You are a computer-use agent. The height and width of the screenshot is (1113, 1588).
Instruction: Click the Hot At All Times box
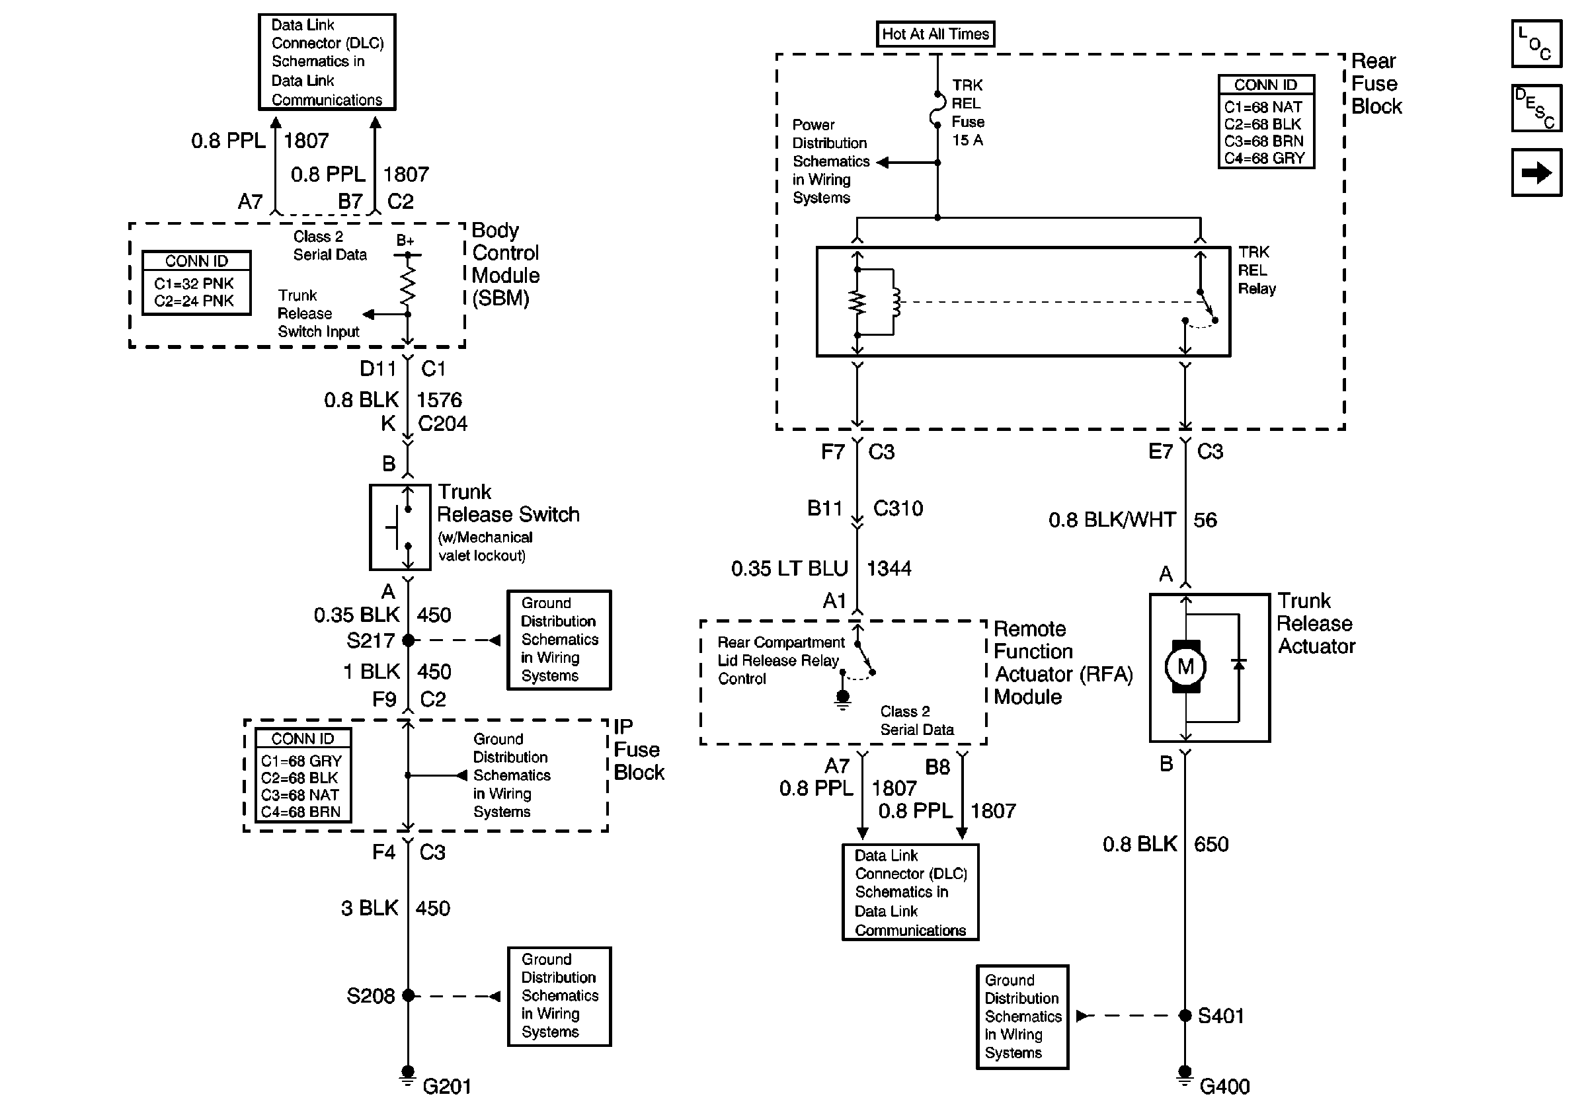[x=935, y=34]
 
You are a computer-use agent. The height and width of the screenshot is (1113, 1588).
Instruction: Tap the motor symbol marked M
[x=1185, y=666]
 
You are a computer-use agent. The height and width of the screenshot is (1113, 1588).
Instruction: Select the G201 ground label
[x=447, y=1087]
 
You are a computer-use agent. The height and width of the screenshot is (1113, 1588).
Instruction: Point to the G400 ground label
[x=1224, y=1087]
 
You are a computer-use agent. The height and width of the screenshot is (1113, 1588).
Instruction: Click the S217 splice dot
[x=408, y=640]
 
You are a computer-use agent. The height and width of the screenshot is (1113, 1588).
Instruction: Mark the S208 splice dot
[x=408, y=995]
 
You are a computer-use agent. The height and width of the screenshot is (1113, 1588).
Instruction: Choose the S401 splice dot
[x=1185, y=1016]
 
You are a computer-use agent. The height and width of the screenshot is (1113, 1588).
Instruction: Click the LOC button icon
[x=1536, y=44]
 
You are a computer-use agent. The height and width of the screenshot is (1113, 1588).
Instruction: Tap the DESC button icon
[x=1536, y=108]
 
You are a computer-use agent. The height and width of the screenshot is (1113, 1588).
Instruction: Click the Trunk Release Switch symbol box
[x=400, y=527]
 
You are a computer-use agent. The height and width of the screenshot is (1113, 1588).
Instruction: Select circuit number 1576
[x=439, y=400]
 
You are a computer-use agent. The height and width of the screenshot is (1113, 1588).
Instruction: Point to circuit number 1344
[x=889, y=568]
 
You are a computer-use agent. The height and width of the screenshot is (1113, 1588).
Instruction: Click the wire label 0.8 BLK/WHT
[x=1112, y=520]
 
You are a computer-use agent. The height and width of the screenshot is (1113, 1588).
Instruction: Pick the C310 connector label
[x=898, y=508]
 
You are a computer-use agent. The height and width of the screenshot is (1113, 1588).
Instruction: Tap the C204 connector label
[x=443, y=423]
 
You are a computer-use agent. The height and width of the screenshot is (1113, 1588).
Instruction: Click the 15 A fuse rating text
[x=967, y=139]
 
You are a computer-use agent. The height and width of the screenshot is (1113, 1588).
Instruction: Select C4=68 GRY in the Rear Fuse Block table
[x=1264, y=159]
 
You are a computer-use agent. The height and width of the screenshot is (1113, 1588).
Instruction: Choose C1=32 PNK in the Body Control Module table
[x=194, y=284]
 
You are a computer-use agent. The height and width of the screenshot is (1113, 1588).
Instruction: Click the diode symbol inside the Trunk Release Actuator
[x=1239, y=664]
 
